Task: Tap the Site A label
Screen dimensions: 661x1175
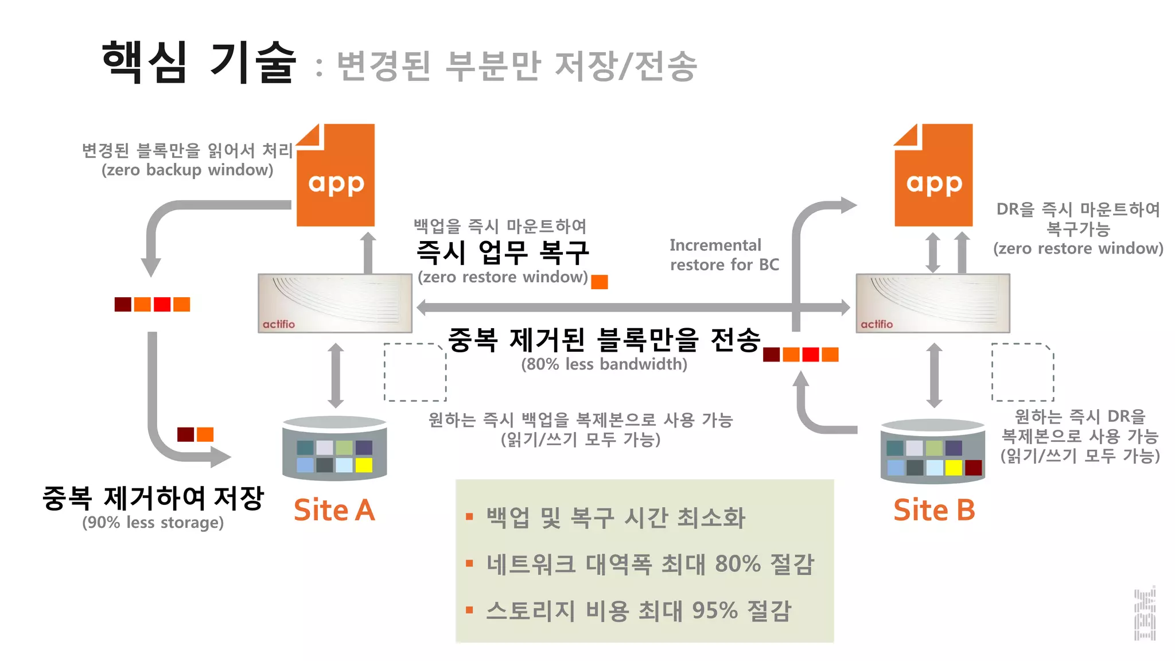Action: (334, 510)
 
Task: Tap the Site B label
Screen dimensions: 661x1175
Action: (934, 510)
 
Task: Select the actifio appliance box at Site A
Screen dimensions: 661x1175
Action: (335, 303)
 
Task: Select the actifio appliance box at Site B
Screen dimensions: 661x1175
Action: (933, 303)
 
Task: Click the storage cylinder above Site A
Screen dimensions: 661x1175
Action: (334, 448)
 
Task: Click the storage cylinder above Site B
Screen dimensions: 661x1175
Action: (933, 451)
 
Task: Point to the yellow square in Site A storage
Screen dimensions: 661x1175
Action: (364, 465)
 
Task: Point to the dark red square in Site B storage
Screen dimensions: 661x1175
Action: (974, 468)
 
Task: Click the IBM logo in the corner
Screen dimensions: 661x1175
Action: (1145, 614)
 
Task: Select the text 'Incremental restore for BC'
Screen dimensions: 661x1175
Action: (724, 255)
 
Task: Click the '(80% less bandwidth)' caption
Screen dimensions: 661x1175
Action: (604, 364)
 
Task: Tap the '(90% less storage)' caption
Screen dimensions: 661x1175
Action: (153, 523)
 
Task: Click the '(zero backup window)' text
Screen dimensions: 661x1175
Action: (187, 170)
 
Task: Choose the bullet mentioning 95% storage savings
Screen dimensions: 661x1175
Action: (638, 611)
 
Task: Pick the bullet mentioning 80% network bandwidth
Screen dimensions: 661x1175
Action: (649, 564)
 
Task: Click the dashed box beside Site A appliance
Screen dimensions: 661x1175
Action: (415, 372)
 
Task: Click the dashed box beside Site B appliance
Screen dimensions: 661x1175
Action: (1022, 372)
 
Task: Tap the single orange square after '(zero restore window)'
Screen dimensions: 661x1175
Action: (599, 282)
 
